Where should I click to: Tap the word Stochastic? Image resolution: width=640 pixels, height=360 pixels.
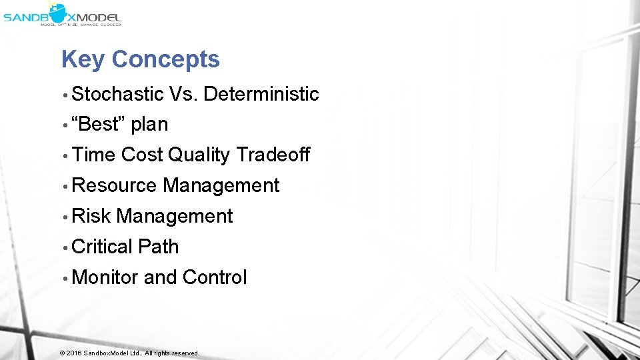click(117, 94)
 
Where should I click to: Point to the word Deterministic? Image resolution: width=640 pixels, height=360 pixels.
click(261, 94)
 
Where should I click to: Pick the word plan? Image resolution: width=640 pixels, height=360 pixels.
click(149, 125)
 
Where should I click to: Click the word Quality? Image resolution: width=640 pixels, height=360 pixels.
click(199, 155)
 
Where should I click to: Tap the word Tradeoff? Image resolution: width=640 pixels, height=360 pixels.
click(273, 155)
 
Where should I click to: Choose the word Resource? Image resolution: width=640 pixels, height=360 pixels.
click(113, 185)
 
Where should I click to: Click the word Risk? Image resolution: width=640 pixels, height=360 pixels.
click(91, 216)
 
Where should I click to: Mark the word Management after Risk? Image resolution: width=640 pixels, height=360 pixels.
click(175, 217)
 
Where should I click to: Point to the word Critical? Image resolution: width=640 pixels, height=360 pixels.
click(102, 247)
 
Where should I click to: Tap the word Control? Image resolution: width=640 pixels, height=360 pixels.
click(214, 277)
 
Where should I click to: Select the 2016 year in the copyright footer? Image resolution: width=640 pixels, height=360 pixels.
click(73, 353)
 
